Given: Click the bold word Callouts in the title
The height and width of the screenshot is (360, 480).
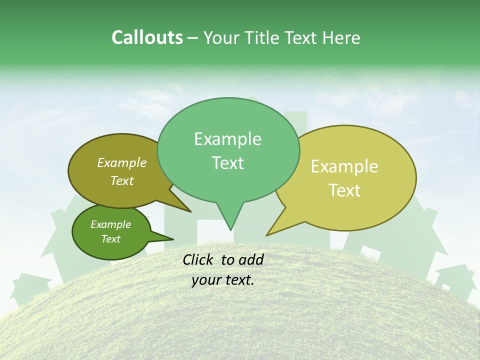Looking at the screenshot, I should pos(147,37).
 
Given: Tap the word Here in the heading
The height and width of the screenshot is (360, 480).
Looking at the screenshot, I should pos(341,38).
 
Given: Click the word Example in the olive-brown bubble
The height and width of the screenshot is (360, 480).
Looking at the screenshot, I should pos(122,162).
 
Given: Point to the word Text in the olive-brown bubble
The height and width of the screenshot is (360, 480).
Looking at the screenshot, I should pos(122,180).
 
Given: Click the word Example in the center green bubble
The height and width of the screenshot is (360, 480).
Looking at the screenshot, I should pos(227,139).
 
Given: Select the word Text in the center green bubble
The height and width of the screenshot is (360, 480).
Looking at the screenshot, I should pos(227,163).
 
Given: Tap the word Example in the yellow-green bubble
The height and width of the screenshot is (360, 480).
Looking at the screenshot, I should pos(344,166).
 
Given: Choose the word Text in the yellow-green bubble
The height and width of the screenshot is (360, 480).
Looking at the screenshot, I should pos(344,190).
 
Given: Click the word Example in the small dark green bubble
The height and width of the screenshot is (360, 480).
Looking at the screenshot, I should pos(110,224).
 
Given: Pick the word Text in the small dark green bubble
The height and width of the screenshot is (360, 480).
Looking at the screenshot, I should pos(110,239).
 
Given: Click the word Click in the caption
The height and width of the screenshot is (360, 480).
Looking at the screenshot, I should pos(198,259).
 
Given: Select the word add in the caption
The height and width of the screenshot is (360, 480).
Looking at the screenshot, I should pos(251,259).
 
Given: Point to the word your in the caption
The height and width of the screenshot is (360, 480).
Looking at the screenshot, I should pos(206,280).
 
